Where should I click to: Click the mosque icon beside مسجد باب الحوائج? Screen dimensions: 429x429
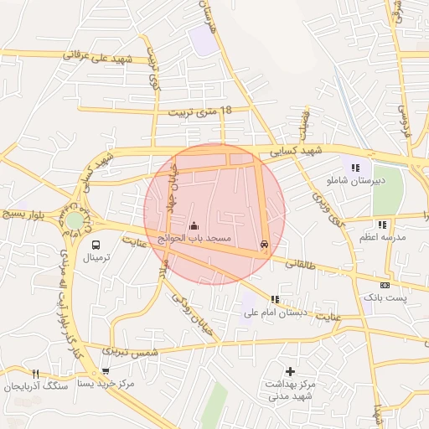pyautogui.click(x=194, y=225)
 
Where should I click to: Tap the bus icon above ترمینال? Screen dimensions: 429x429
pyautogui.click(x=96, y=246)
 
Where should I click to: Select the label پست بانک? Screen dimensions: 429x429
pyautogui.click(x=385, y=297)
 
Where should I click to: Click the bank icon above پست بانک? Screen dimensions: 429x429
pyautogui.click(x=385, y=285)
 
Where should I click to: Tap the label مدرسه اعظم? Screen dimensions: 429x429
pyautogui.click(x=383, y=237)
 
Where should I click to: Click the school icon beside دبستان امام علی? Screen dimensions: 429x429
pyautogui.click(x=274, y=299)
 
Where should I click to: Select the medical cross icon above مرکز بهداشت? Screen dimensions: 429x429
pyautogui.click(x=290, y=370)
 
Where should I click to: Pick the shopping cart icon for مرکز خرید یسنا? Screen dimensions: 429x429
pyautogui.click(x=106, y=371)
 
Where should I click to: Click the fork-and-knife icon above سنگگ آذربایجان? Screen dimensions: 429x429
pyautogui.click(x=34, y=374)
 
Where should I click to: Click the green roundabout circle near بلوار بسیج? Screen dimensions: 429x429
pyautogui.click(x=75, y=220)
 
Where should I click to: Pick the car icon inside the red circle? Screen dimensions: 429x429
pyautogui.click(x=265, y=245)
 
